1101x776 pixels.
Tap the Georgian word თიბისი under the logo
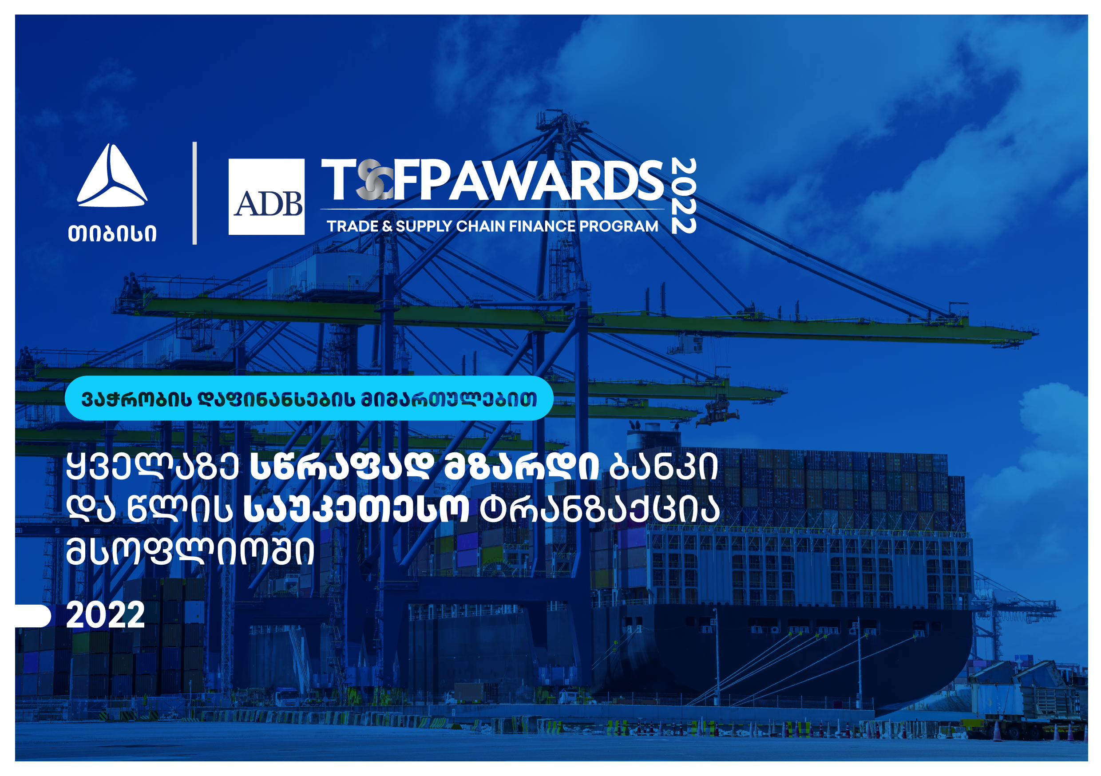coord(112,234)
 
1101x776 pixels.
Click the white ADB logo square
coord(266,197)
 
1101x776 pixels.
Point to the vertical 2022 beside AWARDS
coord(684,196)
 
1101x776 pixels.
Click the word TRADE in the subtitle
coord(352,226)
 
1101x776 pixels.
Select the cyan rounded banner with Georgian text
coord(309,398)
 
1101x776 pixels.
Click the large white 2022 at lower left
coord(106,615)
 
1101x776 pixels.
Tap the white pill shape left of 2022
coord(32,616)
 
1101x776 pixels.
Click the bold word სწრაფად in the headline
coord(342,466)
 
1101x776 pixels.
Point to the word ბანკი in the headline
coord(664,466)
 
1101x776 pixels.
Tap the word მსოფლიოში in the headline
coord(190,550)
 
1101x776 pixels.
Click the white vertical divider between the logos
coord(195,193)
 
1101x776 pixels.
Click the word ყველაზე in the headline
coord(152,466)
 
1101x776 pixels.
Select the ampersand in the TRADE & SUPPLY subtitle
coord(388,226)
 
